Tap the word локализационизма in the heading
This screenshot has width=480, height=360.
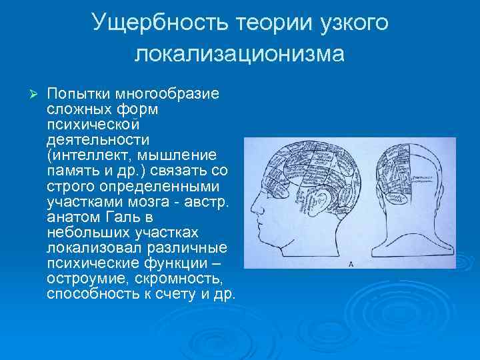pos(240,53)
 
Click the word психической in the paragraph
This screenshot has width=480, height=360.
pos(93,123)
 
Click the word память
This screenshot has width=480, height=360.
pos(71,170)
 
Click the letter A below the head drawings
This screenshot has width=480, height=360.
pos(351,264)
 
